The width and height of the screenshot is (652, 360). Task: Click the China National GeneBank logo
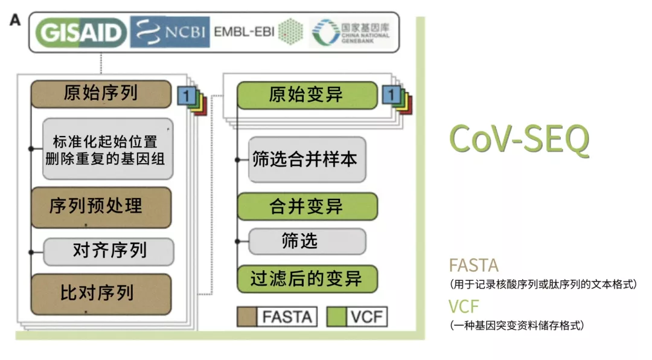coord(351,32)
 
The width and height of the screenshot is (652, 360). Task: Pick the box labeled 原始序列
coord(101,94)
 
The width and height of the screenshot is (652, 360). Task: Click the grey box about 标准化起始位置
coord(108,149)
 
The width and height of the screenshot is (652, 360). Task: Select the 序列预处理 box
coord(101,207)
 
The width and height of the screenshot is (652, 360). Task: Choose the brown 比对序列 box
coord(101,294)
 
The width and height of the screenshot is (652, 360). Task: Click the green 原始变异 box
coord(307,95)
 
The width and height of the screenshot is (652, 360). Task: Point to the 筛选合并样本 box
coord(307,159)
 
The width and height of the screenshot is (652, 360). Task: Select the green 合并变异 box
coord(307,207)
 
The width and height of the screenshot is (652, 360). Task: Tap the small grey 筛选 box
coord(307,242)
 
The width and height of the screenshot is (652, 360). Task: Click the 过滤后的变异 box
coord(307,279)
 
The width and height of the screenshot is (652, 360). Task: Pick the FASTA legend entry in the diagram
coord(277,317)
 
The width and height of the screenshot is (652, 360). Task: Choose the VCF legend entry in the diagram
coord(357,317)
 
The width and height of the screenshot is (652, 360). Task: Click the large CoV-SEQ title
coord(519,140)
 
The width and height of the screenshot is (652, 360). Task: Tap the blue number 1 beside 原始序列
coord(186,95)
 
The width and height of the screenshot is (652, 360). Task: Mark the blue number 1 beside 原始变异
coord(391,95)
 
